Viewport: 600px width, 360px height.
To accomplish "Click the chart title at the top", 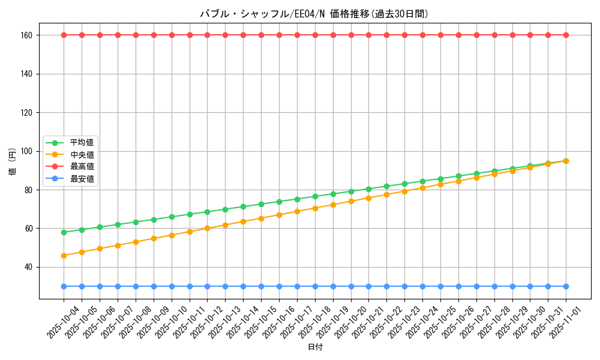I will click(314, 14).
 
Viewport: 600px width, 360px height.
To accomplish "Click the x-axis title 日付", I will click(314, 347).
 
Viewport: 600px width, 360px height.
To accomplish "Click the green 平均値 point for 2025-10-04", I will click(64, 232).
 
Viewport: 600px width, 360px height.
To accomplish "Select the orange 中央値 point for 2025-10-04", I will click(64, 256).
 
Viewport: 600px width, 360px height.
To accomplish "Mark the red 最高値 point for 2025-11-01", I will click(566, 35).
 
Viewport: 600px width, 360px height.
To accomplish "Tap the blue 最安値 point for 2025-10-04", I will click(64, 286).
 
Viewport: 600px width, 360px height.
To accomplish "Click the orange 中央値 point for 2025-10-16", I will click(279, 215).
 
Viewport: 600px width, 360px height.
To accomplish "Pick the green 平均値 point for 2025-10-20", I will click(351, 191).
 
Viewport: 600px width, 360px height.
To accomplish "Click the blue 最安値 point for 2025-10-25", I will click(440, 286).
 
